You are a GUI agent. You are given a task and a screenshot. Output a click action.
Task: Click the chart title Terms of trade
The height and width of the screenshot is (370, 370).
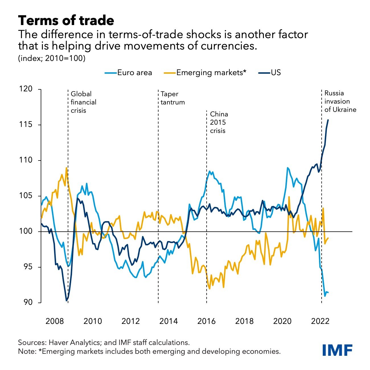[x=66, y=21]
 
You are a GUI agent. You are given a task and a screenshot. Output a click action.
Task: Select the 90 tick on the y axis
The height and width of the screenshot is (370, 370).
[x=28, y=303]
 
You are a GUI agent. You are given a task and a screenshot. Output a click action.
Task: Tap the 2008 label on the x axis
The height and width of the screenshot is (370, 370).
[x=55, y=321]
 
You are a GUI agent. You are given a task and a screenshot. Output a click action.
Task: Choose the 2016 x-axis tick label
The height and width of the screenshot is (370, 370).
[x=206, y=321]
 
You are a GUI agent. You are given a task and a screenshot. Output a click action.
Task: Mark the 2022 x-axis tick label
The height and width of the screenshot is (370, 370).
[x=320, y=321]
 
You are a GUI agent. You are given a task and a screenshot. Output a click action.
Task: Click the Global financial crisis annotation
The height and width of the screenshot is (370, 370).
[x=83, y=102]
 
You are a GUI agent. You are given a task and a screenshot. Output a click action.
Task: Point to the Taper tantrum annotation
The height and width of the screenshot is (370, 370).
[x=172, y=98]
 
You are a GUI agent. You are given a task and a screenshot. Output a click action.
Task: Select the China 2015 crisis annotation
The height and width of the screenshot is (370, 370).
[x=219, y=123]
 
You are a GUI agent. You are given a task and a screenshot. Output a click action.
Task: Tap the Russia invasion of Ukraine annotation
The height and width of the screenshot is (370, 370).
[x=340, y=102]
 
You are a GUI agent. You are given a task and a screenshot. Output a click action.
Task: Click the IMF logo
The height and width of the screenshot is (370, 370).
[x=338, y=350]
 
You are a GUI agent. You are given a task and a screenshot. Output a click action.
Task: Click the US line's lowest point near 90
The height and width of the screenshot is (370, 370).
[x=67, y=300]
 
